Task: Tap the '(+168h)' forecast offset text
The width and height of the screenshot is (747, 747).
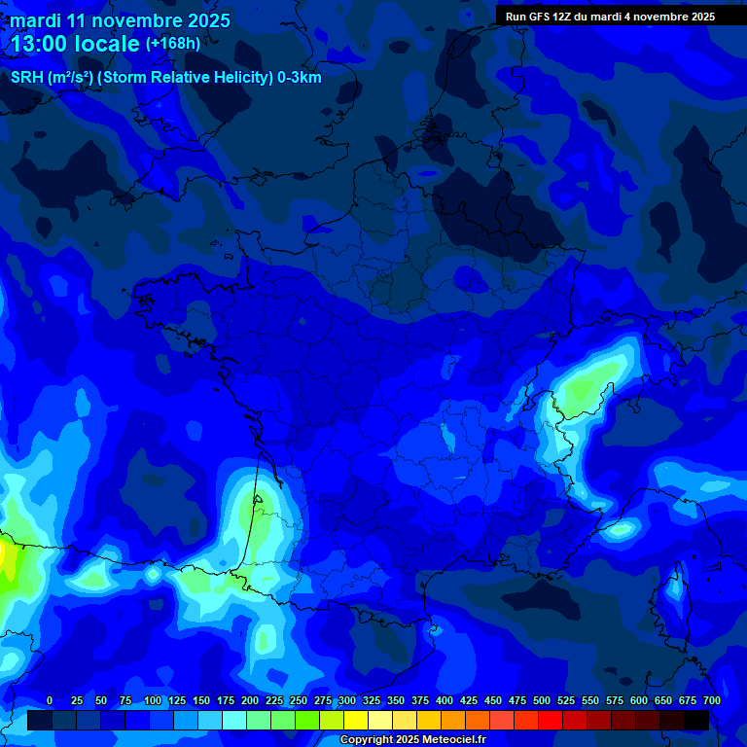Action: pyautogui.click(x=173, y=43)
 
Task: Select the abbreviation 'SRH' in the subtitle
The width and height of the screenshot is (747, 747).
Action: pyautogui.click(x=27, y=78)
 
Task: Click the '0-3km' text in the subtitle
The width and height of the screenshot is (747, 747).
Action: pyautogui.click(x=299, y=78)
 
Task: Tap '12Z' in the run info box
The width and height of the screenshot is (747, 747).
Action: pyautogui.click(x=562, y=17)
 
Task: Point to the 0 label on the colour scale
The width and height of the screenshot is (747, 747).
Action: pyautogui.click(x=50, y=700)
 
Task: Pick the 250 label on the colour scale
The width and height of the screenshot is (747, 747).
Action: pyautogui.click(x=299, y=700)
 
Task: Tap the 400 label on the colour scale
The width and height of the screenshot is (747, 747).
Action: pyautogui.click(x=445, y=700)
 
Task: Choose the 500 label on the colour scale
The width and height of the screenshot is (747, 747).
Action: pyautogui.click(x=542, y=700)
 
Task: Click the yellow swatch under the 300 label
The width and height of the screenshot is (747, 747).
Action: pyautogui.click(x=356, y=721)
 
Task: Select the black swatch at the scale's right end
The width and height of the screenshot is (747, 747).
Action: pyautogui.click(x=696, y=721)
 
